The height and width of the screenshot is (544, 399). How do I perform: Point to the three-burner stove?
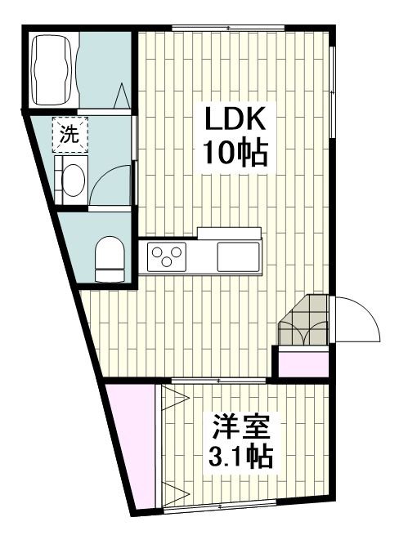coord(165,256)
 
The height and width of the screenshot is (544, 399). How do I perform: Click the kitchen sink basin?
coord(238,256)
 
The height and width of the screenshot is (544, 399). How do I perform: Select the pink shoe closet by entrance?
coord(303,361)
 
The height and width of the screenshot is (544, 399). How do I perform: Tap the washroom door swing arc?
coord(110,184)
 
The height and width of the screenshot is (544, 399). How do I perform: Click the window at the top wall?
coord(227,29)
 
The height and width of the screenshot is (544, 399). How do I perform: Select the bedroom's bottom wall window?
coord(221,507)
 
